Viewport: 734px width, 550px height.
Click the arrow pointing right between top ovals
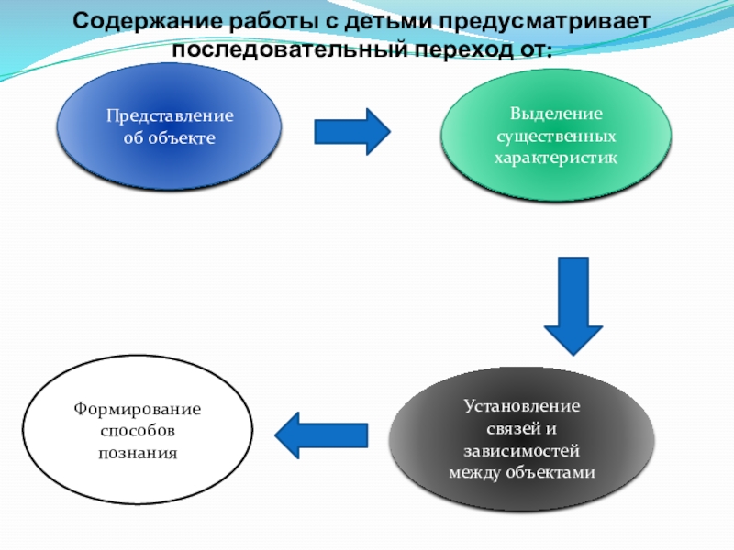pos(353,131)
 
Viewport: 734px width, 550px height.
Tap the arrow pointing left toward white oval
pos(321,434)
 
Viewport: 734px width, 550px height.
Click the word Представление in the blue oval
pos(170,116)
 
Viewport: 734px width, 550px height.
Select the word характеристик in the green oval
pos(557,158)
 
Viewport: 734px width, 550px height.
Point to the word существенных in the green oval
pos(557,137)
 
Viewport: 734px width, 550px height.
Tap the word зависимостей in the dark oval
pos(521,452)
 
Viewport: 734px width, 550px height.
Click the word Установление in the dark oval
pos(521,406)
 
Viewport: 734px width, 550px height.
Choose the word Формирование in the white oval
pos(139,408)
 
